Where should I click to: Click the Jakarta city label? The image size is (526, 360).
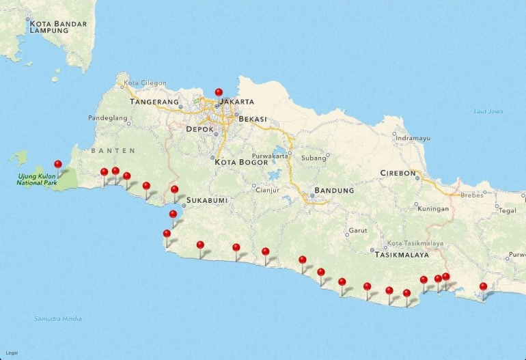pos(237,102)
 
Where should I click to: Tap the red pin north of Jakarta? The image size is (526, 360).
pos(219,92)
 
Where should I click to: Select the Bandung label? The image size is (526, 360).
pos(334,190)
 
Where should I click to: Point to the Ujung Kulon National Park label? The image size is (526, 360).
pos(38,180)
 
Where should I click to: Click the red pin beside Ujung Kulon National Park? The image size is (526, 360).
pos(58,165)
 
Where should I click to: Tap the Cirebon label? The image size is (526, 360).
pos(398,173)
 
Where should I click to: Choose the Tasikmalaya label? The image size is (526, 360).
pos(402,254)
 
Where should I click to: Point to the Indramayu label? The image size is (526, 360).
pos(413,138)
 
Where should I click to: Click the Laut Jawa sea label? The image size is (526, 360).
pos(488,111)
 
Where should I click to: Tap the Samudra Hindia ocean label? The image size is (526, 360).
pos(58,319)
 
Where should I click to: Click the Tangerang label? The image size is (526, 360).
pos(154,102)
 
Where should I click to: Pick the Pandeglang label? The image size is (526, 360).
pos(108,117)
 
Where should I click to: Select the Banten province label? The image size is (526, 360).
pos(112,150)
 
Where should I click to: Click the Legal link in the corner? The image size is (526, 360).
pos(12,353)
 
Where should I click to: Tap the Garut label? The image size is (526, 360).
pos(358,230)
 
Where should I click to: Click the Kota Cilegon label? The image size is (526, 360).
pos(145,83)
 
